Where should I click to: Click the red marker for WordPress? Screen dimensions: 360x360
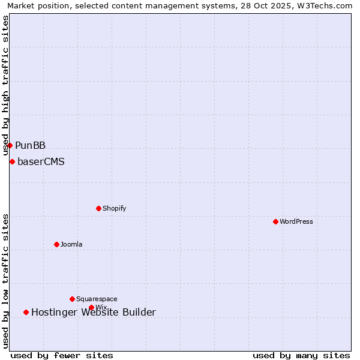pyautogui.click(x=275, y=221)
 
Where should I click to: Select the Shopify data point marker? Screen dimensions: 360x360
pyautogui.click(x=98, y=208)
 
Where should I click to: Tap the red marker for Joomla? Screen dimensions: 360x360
pyautogui.click(x=56, y=244)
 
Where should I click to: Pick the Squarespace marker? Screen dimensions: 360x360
pyautogui.click(x=72, y=299)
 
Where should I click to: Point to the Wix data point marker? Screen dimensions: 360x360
pyautogui.click(x=91, y=307)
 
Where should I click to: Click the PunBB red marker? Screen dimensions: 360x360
pyautogui.click(x=10, y=145)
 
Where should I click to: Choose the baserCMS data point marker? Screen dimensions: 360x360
pyautogui.click(x=12, y=161)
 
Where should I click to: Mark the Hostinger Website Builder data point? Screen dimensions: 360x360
pyautogui.click(x=26, y=312)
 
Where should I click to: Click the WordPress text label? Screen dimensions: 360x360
pyautogui.click(x=296, y=221)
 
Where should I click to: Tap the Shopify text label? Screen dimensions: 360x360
pyautogui.click(x=115, y=208)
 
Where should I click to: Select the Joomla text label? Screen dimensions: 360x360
pyautogui.click(x=71, y=244)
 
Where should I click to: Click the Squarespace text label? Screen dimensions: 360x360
pyautogui.click(x=97, y=299)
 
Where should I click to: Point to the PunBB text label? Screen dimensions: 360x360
pyautogui.click(x=31, y=145)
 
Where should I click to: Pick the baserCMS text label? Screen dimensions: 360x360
pyautogui.click(x=41, y=161)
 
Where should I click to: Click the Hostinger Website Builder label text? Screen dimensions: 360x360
pyautogui.click(x=94, y=312)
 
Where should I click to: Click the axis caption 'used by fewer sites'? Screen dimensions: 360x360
pyautogui.click(x=62, y=355)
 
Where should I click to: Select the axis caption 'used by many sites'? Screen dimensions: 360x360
pyautogui.click(x=301, y=355)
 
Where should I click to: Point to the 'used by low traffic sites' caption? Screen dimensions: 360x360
pyautogui.click(x=6, y=280)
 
